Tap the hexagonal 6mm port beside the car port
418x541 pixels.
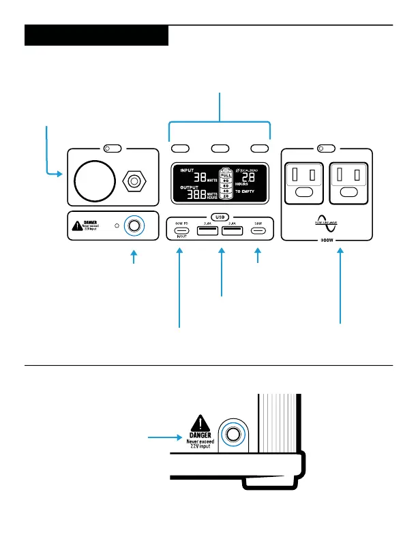click(134, 182)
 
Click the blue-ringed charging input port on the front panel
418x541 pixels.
click(134, 226)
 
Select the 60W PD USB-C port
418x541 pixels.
click(181, 230)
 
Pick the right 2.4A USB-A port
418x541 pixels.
click(233, 230)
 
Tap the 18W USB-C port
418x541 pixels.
click(258, 230)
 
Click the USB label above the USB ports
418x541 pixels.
click(220, 217)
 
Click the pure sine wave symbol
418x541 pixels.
click(326, 223)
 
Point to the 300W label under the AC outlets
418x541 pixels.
click(326, 241)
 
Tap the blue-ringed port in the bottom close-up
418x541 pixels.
click(233, 434)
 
